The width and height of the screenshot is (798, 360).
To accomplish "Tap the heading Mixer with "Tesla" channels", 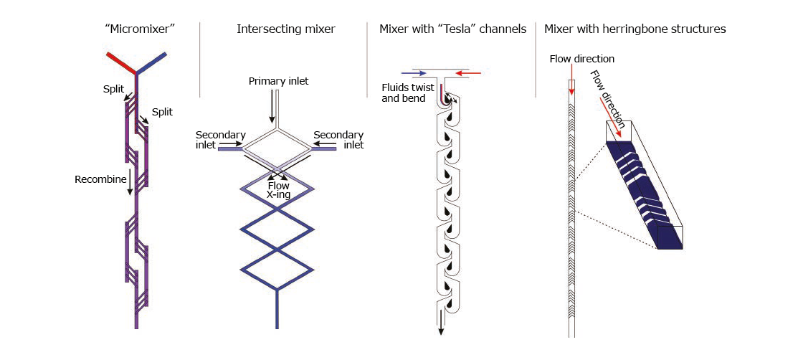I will (452, 29).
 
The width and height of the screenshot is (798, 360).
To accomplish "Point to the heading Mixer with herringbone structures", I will (635, 29).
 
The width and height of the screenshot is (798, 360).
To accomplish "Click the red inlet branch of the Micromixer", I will (121, 62).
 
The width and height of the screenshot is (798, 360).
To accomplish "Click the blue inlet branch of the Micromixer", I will (152, 62).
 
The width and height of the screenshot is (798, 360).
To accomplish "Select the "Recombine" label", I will (100, 179).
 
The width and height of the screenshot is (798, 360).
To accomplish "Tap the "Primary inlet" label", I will (279, 81).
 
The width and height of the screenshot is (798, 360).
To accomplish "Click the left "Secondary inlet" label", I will (221, 140).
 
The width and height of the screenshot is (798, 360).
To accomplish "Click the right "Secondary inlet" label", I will (338, 140).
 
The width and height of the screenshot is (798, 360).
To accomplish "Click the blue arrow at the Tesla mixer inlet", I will (414, 72).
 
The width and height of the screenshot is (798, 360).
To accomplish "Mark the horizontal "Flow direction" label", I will (581, 59).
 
